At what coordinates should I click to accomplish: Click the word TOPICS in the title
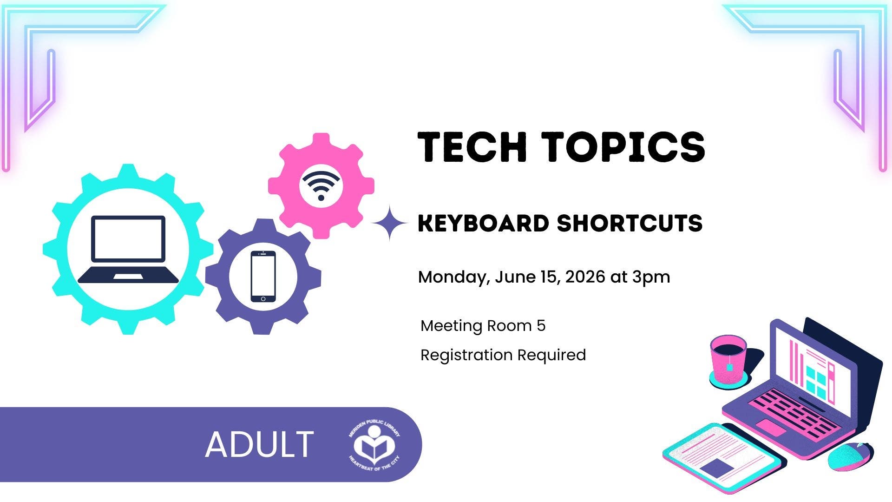coord(624,146)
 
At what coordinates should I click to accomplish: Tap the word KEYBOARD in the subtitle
coord(483,223)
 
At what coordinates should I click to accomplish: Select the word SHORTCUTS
coord(630,223)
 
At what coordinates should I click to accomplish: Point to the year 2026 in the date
coord(585,277)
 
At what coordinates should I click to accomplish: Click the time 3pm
coord(651,277)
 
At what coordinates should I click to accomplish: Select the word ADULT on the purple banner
coord(259,444)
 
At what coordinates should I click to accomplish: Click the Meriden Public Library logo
coord(374,445)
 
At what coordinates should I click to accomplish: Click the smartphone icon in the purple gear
coord(263,277)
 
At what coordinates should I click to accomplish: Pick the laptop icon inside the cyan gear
coord(128,250)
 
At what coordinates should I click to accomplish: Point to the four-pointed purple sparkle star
coord(389,223)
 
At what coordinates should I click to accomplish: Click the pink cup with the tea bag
coord(728,360)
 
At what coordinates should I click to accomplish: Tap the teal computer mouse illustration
coord(850,456)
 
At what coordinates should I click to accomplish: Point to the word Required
coord(551,356)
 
